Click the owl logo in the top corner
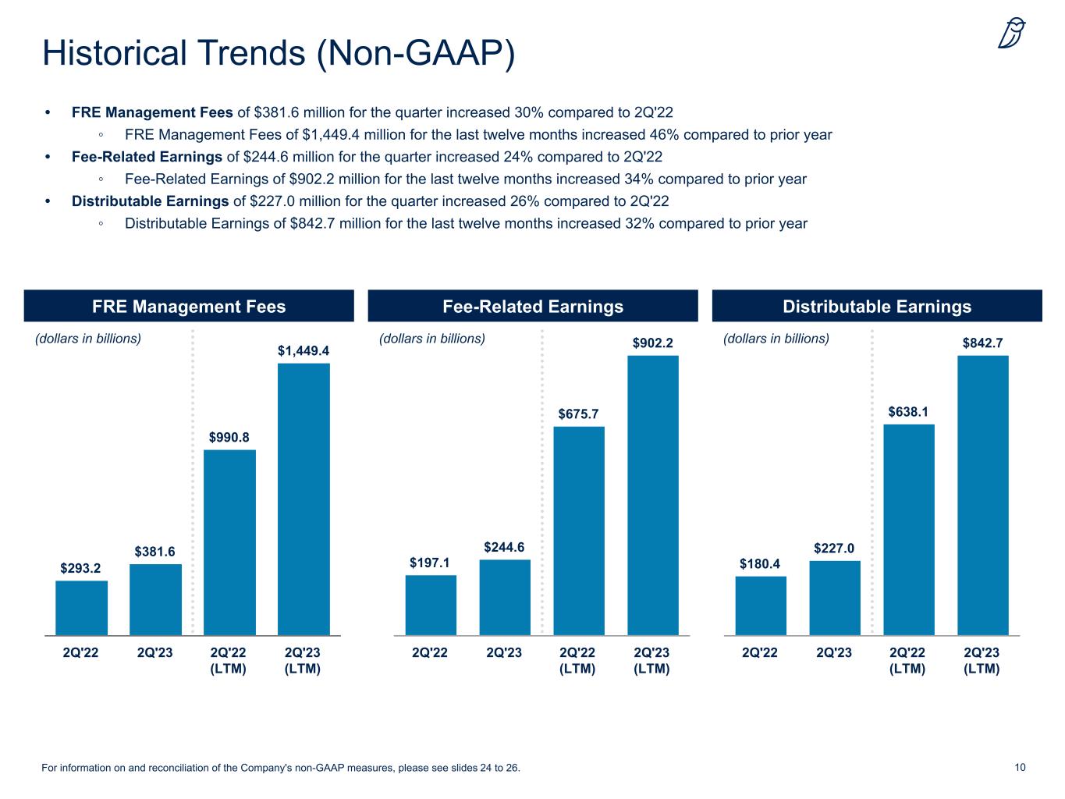tap(1012, 34)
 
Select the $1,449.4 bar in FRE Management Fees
tap(304, 499)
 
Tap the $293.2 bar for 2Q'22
tap(81, 608)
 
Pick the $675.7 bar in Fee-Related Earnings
tap(578, 531)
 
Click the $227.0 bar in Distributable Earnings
tap(835, 598)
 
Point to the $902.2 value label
tap(652, 343)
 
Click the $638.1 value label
tap(908, 411)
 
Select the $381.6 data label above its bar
tap(155, 552)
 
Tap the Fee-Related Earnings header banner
tap(533, 307)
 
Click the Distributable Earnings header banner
tap(877, 307)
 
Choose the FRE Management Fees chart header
tap(189, 307)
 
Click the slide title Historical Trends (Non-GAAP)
tap(279, 53)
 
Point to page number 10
tap(1020, 768)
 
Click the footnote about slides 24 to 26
tap(280, 769)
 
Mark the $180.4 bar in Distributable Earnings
tap(761, 605)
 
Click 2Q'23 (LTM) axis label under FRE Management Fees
tap(303, 661)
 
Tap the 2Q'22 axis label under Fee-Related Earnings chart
tap(430, 653)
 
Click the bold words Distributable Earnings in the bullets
tap(151, 201)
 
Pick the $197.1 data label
tap(430, 563)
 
